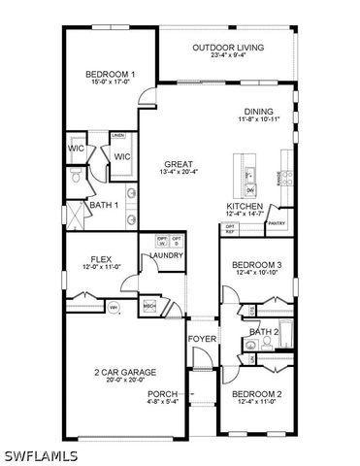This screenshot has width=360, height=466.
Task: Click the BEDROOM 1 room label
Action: coord(110,74)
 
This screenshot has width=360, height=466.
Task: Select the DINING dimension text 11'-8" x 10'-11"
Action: coord(258,119)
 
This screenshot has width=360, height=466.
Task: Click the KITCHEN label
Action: coord(245,207)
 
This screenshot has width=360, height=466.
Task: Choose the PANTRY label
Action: coord(277,222)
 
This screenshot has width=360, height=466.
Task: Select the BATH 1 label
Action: coord(103,206)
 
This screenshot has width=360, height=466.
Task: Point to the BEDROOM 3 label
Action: coord(256,265)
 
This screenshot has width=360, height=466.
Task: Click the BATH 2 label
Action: coord(263,332)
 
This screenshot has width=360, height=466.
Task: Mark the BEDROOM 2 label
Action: coord(256,393)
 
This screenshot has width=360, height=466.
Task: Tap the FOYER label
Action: coord(202,339)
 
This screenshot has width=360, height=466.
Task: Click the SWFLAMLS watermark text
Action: coord(39,454)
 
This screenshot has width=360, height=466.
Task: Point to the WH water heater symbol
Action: coord(113,309)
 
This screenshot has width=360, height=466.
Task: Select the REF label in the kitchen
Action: coord(230,232)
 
